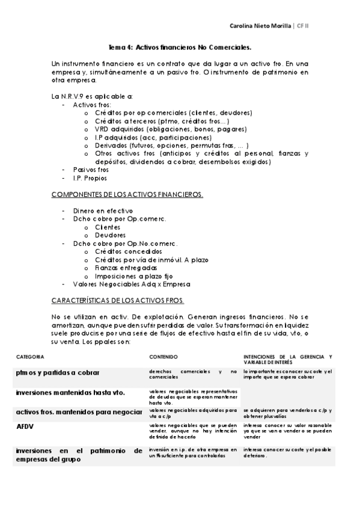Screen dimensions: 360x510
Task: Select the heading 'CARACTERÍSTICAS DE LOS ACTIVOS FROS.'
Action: pos(118,300)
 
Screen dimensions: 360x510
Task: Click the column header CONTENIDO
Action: pos(163,357)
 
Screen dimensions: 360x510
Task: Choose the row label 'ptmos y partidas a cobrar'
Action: pos(58,372)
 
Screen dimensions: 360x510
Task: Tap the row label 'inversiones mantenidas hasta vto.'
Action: pos(70,392)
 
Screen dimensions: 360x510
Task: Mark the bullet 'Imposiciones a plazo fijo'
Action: pos(134,275)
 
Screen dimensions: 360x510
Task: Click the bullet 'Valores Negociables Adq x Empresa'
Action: pos(131,284)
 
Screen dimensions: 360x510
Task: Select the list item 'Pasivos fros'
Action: pos(91,170)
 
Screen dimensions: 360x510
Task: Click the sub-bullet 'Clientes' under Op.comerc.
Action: pos(108,227)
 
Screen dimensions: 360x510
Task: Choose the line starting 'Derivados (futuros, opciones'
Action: pos(171,146)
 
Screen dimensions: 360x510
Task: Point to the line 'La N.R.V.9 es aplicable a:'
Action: pos(92,96)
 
